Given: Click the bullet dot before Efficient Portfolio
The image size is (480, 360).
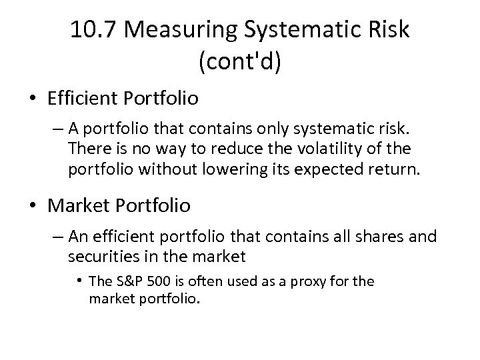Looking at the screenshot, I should coord(31,99).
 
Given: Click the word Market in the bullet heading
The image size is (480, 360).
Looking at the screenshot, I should coord(75,206).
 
